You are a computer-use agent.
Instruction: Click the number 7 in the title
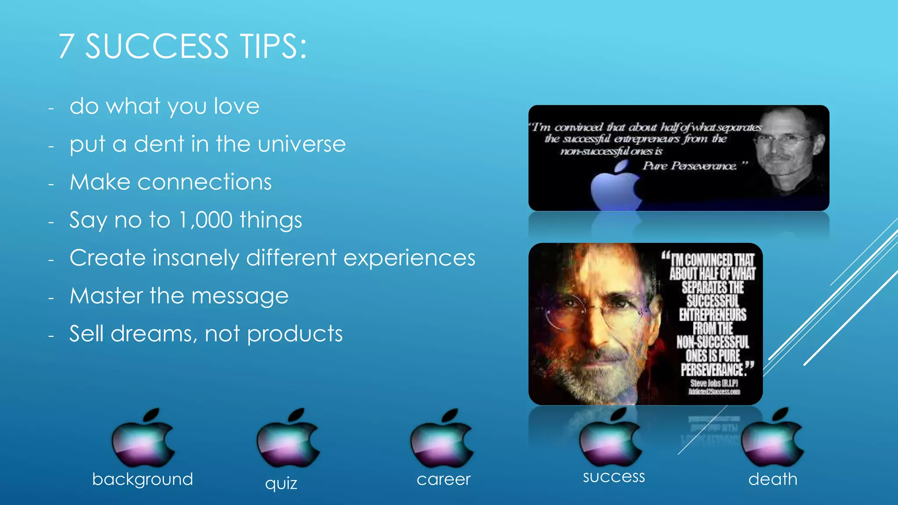click(66, 46)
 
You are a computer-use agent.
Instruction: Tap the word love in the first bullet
click(236, 107)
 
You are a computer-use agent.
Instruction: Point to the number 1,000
click(206, 220)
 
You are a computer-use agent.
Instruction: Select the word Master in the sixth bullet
click(106, 296)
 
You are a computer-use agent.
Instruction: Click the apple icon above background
click(143, 438)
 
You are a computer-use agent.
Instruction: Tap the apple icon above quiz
click(288, 438)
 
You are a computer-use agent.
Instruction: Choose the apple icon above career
click(442, 438)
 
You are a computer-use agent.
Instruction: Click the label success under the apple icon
click(614, 477)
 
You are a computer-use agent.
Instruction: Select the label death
click(773, 479)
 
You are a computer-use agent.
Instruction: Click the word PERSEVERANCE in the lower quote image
click(712, 370)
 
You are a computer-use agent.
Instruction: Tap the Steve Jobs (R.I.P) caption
click(714, 384)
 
